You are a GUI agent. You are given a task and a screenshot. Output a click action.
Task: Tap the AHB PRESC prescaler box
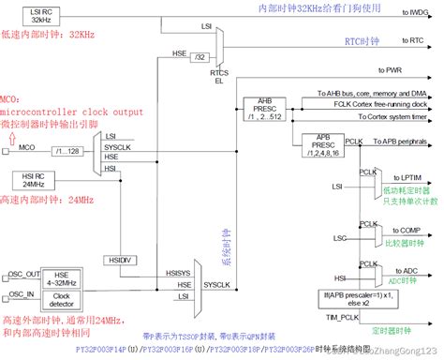(x=264, y=104)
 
